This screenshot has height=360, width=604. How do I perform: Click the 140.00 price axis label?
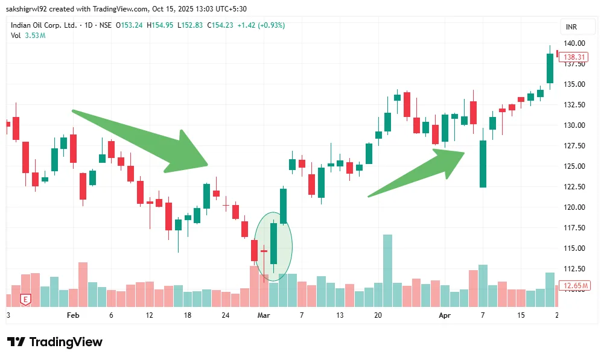coord(574,43)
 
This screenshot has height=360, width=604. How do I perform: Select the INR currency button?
coord(571,27)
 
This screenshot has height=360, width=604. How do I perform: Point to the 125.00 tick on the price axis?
coord(574,166)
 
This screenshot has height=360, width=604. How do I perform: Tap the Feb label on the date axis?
coord(73,315)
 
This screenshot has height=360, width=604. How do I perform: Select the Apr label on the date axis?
coord(445,315)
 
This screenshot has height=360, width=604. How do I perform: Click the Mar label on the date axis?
coord(263,315)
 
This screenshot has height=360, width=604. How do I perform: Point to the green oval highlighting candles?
coord(273,246)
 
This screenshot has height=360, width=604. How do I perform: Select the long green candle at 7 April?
coord(483,163)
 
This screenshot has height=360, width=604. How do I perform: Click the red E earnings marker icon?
coord(25,298)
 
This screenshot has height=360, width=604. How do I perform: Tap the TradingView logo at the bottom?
coord(54,342)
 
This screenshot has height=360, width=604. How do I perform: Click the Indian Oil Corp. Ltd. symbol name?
coord(44,25)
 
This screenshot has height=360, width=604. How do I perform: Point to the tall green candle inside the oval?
coord(273,244)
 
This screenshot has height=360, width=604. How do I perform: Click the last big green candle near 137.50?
coord(550,68)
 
